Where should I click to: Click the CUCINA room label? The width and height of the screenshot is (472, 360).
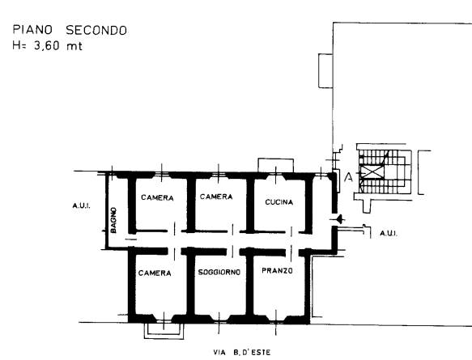pos(279,202)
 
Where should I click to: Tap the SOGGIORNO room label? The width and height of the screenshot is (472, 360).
pos(219,272)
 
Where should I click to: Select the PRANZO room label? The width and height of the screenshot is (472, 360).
pos(277,271)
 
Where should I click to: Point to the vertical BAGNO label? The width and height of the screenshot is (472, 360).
pos(113,220)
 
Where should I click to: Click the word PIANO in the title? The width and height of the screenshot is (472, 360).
pos(32,30)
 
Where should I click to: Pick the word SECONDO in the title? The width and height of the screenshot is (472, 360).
pos(96,31)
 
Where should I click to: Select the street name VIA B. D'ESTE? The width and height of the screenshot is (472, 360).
pos(242,352)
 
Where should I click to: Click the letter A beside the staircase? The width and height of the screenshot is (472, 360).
pos(348,177)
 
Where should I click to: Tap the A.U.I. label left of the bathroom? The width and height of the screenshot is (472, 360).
pos(81,205)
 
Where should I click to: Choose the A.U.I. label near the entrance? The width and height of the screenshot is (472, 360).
pos(389,233)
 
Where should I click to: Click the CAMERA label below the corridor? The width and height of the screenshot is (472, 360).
pos(155,273)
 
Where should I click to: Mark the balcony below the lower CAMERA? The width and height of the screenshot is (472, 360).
pos(164,331)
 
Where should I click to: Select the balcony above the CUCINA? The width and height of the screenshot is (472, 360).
pos(276,165)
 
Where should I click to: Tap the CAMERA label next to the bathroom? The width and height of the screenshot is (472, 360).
pos(157,197)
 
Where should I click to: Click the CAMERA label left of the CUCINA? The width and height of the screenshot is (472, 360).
pos(216,197)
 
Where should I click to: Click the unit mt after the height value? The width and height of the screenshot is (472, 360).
pos(74,46)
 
